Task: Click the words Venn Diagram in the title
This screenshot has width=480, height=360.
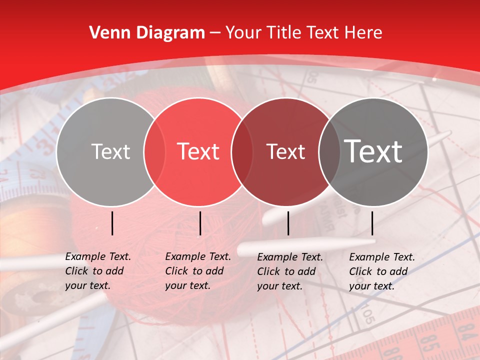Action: [x=147, y=33]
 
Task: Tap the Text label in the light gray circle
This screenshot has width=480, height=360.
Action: [x=110, y=151]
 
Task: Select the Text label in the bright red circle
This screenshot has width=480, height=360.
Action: [x=198, y=151]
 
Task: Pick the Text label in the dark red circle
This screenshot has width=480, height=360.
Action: [x=285, y=151]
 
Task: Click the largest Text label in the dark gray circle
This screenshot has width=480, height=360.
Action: [x=373, y=151]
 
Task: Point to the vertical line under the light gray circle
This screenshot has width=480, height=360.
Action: [x=112, y=223]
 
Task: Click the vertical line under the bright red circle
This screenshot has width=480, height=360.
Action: [x=200, y=223]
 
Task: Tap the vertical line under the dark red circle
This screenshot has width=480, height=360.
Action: [x=288, y=223]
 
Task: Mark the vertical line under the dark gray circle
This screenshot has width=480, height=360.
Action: [x=372, y=223]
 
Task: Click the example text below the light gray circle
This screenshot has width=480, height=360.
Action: [x=98, y=271]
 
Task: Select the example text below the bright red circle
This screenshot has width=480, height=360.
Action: [x=198, y=271]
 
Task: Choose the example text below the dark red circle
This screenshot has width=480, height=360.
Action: [x=290, y=271]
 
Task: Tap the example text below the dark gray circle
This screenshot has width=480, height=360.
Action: [x=382, y=271]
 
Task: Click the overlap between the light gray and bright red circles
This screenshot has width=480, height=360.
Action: [x=154, y=151]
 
